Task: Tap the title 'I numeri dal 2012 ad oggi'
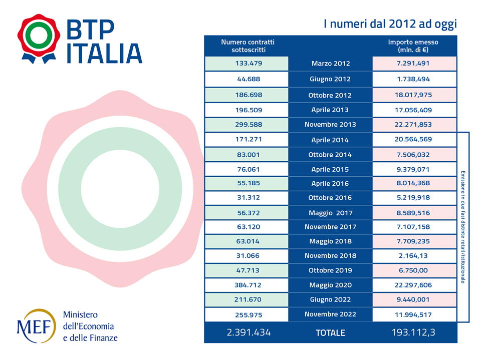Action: pos(390,24)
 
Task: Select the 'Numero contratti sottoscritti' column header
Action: pos(248,46)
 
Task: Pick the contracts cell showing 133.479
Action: pos(248,64)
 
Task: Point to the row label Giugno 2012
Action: pos(330,79)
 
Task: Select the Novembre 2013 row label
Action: pos(330,125)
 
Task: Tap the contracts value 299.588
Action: pos(248,125)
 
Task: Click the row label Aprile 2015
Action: pos(330,169)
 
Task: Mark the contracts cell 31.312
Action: pos(248,198)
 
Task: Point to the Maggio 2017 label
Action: pos(330,213)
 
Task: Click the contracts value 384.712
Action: pos(248,285)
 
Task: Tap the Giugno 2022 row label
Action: pos(330,300)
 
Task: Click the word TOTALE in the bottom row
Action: pos(330,333)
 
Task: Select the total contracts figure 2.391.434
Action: pos(248,332)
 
